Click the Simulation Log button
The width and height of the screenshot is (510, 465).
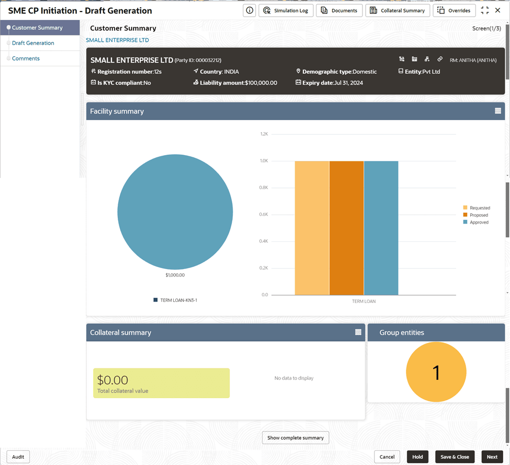point(286,10)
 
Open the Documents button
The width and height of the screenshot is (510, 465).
point(339,10)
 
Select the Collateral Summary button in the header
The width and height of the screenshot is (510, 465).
point(398,10)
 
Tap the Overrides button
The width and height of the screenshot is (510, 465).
point(454,10)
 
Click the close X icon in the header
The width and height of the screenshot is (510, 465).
point(497,10)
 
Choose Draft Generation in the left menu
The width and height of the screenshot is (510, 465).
point(33,43)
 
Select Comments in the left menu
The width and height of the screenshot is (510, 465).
point(26,59)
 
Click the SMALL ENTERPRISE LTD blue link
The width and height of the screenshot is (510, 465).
point(117,40)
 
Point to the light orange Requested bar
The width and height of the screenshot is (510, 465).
point(312,228)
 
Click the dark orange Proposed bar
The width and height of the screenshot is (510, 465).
point(346,228)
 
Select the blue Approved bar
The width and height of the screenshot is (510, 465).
point(381,228)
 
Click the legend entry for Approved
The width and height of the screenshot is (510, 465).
point(476,222)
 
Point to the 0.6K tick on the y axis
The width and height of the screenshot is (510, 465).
point(264,214)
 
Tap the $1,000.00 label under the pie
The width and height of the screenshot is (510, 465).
point(175,275)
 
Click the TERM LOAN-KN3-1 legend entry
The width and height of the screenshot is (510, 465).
point(175,300)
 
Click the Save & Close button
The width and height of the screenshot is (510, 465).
point(455,457)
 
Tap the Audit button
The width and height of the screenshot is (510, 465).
point(18,457)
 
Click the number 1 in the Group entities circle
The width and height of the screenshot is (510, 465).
point(436,373)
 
